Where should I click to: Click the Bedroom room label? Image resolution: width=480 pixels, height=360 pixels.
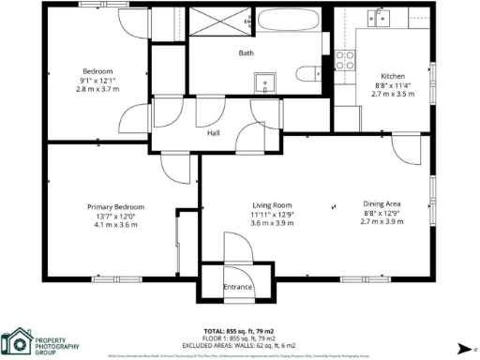[x=97, y=71]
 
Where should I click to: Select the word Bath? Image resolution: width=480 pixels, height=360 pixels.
[x=247, y=53]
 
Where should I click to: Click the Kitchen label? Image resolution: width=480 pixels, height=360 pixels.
[x=391, y=76]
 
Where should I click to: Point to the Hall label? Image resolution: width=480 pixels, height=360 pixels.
[x=213, y=133]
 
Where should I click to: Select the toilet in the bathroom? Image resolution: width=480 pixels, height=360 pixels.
[x=306, y=74]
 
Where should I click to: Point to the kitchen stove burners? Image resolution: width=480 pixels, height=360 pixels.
[x=345, y=60]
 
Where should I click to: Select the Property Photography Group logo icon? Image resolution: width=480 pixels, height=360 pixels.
[x=16, y=340]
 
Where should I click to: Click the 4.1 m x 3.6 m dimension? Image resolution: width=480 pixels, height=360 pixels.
[x=115, y=225]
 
